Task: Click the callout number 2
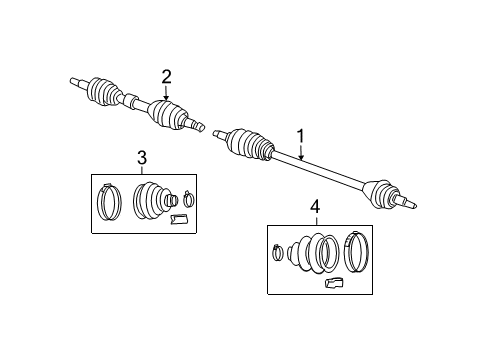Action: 166,75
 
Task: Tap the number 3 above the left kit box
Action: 141,156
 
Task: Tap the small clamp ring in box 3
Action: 191,197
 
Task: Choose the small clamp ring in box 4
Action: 279,253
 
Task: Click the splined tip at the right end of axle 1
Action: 410,205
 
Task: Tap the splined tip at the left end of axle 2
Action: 76,80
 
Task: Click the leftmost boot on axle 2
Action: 104,92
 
